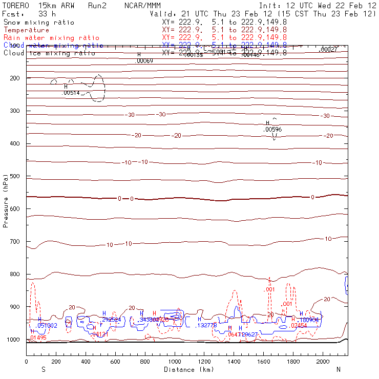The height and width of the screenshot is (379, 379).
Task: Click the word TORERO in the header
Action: click(15, 6)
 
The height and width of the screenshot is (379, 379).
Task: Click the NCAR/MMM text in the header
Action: click(146, 6)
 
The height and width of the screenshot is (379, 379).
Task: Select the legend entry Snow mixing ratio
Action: click(38, 23)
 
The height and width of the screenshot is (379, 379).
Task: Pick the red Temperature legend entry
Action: click(26, 30)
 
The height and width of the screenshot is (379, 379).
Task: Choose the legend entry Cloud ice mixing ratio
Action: click(49, 53)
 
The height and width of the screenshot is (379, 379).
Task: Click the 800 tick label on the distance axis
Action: click(145, 362)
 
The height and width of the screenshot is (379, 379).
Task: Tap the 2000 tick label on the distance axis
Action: click(323, 362)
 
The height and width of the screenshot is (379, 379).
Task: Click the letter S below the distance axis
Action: click(43, 369)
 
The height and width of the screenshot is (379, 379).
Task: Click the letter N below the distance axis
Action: click(338, 369)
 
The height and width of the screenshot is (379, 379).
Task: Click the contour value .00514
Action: click(71, 93)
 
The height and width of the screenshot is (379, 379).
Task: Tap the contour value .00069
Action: click(144, 61)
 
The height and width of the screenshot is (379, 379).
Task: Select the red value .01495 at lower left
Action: click(38, 338)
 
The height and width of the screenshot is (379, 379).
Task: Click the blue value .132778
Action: click(207, 325)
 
